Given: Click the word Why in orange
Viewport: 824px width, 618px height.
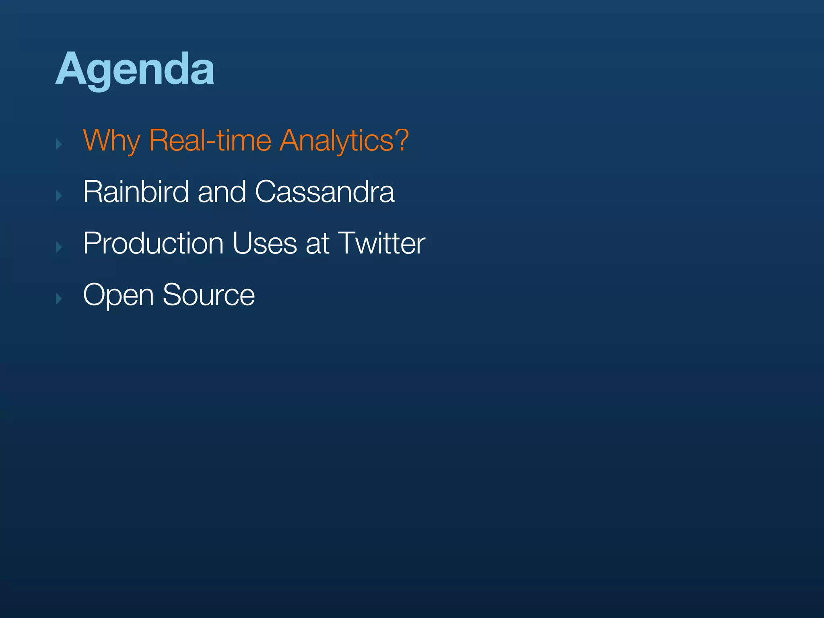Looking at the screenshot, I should tap(111, 141).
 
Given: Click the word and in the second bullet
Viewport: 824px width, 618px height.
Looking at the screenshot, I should tap(222, 192).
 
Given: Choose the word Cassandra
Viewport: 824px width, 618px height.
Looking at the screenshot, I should tap(325, 192).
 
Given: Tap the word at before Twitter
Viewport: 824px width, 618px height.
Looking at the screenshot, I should tap(317, 244).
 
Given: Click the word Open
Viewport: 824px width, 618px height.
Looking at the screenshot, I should tap(118, 296).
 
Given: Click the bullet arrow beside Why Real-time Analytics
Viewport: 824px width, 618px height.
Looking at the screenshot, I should tap(59, 144).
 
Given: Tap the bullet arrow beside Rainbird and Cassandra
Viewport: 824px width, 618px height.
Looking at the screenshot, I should tap(59, 196).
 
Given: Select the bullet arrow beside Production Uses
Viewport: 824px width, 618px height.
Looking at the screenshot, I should tap(59, 247).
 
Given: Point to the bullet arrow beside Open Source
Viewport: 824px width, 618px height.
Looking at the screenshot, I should tap(59, 299).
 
